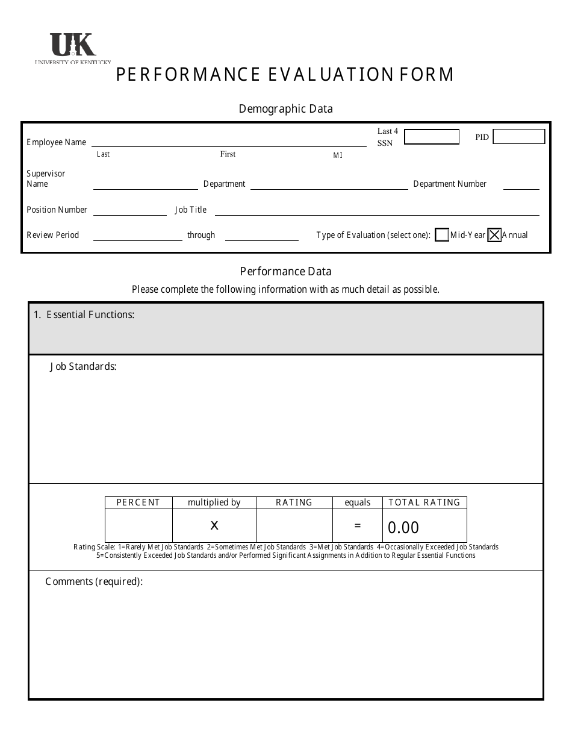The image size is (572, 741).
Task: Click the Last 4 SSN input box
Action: point(431,137)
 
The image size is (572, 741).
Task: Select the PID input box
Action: point(518,137)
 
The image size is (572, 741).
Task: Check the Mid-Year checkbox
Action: point(441,235)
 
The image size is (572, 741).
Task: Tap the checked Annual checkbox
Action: point(494,235)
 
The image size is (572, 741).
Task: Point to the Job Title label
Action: point(190,210)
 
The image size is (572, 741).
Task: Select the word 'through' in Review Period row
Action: point(201,235)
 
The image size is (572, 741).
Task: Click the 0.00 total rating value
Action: point(403,528)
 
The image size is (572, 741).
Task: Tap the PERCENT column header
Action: point(138,502)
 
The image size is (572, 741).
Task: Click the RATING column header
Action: point(294,502)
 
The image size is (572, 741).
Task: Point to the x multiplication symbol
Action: point(214,525)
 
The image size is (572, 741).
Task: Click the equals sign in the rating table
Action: point(358,525)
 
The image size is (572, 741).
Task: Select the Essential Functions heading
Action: point(84,314)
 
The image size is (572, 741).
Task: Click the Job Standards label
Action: point(83,366)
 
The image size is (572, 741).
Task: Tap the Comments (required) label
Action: point(94,581)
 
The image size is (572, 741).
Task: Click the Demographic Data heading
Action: point(285,109)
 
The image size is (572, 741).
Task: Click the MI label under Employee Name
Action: point(338,155)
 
